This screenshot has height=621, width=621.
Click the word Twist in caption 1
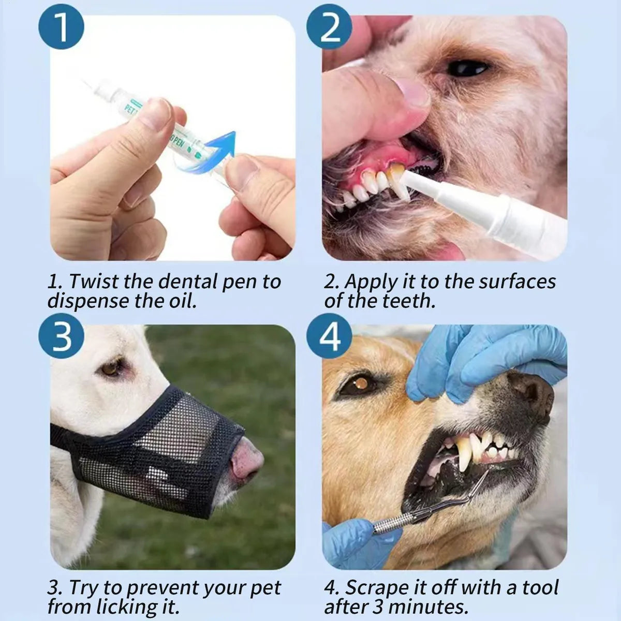95,282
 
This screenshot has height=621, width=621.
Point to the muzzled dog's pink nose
247,460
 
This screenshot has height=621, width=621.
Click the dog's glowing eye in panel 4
358,385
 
